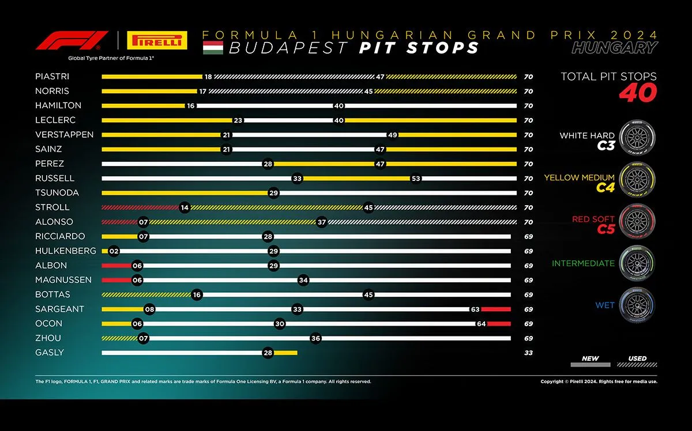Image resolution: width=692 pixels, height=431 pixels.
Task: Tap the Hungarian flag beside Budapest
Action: [x=212, y=48]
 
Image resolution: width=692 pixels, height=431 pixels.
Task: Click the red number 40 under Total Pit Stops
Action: [x=637, y=94]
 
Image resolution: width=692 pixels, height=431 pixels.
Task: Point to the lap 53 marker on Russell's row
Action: [x=416, y=178]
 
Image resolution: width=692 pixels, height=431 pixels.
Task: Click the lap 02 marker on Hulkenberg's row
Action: [x=114, y=251]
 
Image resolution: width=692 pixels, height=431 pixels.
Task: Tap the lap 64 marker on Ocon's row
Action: [x=481, y=324]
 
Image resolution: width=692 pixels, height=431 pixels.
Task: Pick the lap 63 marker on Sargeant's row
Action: [x=475, y=309]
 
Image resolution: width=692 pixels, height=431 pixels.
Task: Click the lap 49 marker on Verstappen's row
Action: [x=393, y=135]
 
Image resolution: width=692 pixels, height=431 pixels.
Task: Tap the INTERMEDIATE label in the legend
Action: [x=583, y=263]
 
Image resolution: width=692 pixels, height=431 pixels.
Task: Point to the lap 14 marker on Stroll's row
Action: [x=185, y=207]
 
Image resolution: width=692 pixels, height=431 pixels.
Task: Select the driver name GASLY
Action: [x=50, y=352]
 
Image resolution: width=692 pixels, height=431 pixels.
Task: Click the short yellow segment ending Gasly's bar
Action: [x=285, y=353]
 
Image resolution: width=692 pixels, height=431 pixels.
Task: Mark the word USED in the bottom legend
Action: [x=637, y=358]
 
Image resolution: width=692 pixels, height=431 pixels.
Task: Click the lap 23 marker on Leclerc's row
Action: [x=238, y=120]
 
